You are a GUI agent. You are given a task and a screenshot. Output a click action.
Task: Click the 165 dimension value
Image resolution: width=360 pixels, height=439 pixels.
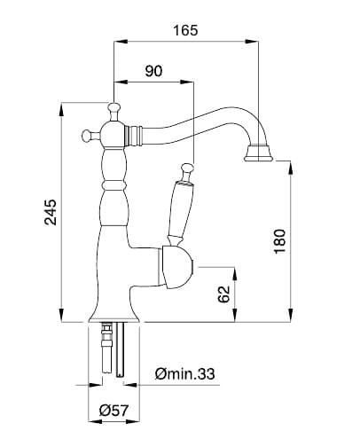tap(185, 30)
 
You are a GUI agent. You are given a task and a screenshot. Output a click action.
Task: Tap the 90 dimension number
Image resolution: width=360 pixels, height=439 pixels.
tap(153, 71)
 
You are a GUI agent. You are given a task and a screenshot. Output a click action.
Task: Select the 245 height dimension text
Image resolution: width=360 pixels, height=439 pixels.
tap(51, 212)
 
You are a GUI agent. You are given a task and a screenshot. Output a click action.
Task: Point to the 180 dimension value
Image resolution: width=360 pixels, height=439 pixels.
tap(280, 241)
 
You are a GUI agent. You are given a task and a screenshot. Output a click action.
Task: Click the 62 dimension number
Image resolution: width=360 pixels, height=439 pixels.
tap(223, 294)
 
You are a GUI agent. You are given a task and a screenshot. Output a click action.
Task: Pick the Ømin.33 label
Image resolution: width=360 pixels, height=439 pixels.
tap(184, 374)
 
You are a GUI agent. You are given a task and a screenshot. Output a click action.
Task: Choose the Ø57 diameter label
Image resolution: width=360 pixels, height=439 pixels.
tap(114, 411)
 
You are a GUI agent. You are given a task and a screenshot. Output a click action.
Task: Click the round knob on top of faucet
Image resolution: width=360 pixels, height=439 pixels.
tap(113, 110)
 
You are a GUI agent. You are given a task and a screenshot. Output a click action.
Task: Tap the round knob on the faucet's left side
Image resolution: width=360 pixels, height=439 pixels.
tap(89, 135)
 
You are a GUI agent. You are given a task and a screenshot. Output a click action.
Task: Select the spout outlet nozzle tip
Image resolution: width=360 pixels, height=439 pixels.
tap(259, 153)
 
